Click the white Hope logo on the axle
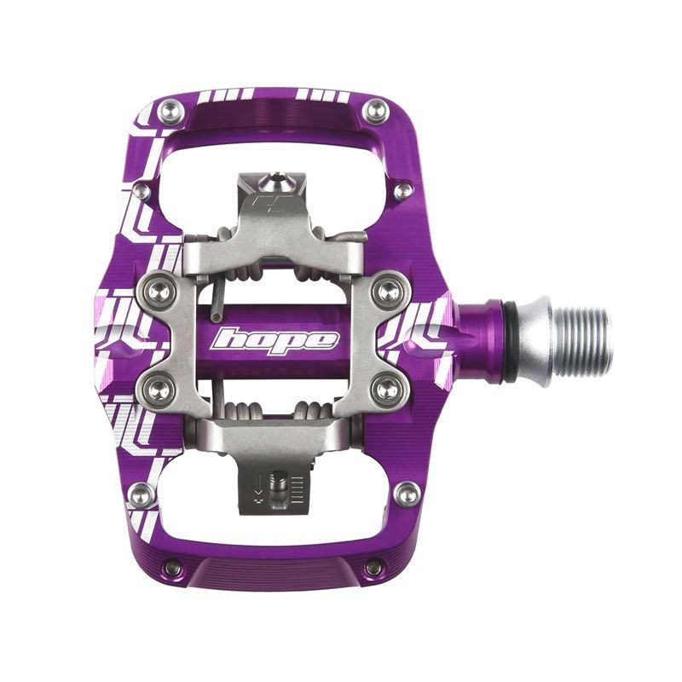pos(275,339)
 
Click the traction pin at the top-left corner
pos(171,110)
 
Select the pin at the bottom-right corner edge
pos(373,568)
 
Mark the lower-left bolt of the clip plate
pos(159,390)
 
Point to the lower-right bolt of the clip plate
pos(388,390)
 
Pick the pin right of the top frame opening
pos(402,189)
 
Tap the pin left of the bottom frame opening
pos(142,493)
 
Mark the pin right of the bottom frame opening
pos(407,493)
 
